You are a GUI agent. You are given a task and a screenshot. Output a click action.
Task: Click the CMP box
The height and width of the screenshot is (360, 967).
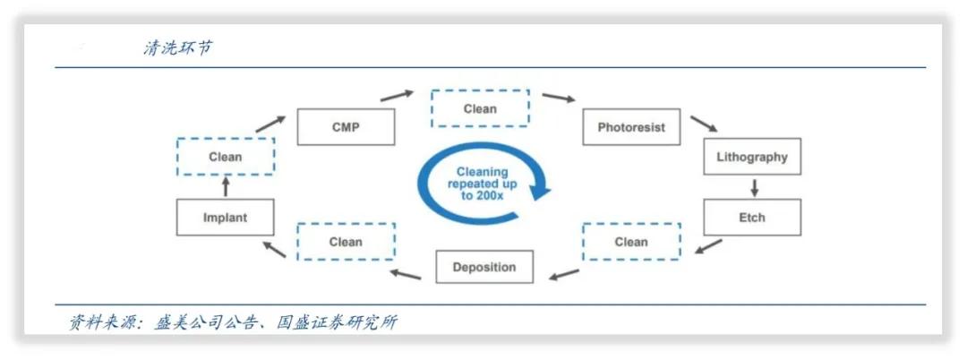(x=346, y=127)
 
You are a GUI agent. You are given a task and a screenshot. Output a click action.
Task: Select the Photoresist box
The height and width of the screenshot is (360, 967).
(x=631, y=127)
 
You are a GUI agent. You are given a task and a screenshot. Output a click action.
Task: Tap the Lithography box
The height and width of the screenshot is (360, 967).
(x=752, y=157)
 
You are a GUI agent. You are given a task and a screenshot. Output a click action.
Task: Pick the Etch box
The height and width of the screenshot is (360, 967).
(x=752, y=218)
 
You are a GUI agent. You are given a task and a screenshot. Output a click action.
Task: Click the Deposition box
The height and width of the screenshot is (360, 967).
(x=484, y=267)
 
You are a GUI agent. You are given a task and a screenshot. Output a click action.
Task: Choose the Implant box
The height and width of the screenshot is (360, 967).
(x=225, y=218)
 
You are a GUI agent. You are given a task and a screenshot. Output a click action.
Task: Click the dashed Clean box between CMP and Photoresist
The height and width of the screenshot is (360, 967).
(x=480, y=108)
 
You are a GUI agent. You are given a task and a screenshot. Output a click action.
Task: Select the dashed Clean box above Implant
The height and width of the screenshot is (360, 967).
(x=225, y=157)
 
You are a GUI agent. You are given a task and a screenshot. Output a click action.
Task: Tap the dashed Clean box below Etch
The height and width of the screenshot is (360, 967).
(x=631, y=242)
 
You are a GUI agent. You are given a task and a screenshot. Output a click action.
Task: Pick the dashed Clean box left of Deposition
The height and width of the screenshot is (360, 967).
(x=346, y=242)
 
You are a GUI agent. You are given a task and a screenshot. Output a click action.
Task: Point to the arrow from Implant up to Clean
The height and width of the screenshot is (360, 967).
(x=226, y=187)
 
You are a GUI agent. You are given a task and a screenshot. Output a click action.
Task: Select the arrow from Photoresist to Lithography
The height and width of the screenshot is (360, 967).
(x=704, y=124)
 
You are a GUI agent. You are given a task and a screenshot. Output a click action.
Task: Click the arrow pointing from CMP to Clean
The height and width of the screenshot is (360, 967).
(x=397, y=96)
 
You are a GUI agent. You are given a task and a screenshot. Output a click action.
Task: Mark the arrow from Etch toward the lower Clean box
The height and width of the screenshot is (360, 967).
(x=708, y=246)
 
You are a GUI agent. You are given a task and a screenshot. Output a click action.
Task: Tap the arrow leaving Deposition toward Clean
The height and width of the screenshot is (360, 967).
(x=406, y=274)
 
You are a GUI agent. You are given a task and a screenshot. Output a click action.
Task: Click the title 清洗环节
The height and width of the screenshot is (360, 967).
(x=177, y=47)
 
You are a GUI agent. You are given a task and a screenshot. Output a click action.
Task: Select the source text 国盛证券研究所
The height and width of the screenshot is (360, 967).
(x=337, y=321)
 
